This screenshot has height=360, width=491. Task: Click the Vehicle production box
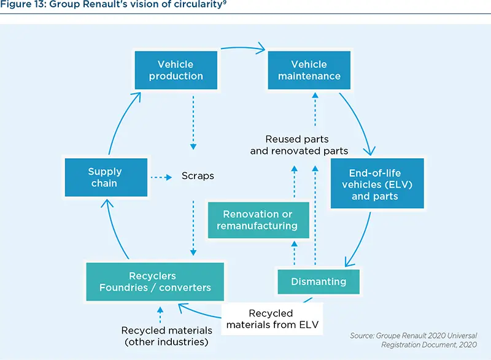176,70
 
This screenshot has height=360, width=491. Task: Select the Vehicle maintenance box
309,70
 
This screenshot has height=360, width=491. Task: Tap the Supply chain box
105,177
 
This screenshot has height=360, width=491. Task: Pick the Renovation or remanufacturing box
257,220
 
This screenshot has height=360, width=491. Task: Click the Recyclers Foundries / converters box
155,281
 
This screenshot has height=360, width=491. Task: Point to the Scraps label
198,176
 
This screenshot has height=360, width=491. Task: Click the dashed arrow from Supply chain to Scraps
161,177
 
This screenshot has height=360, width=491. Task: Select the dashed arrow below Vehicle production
193,123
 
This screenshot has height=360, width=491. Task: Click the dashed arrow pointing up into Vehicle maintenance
314,110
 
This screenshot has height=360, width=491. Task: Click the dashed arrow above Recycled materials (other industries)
160,315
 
